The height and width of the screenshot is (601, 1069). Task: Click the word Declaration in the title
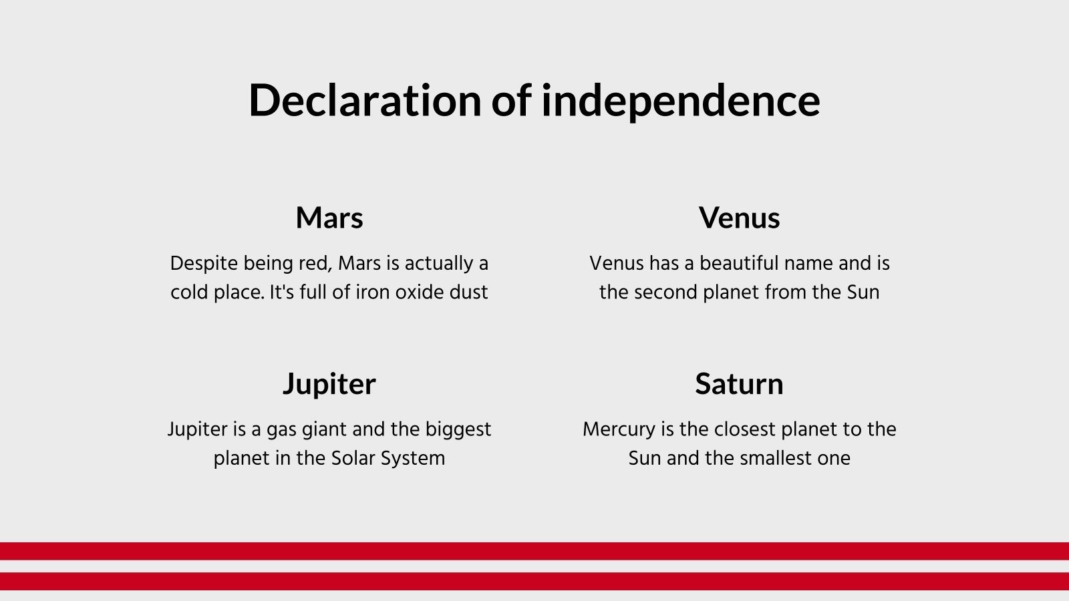coord(365,100)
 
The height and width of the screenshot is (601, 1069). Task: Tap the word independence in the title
coord(681,100)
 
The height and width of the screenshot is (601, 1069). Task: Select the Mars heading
coord(329,218)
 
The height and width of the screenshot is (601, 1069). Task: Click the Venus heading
coord(739,218)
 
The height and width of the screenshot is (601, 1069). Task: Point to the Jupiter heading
coord(329,385)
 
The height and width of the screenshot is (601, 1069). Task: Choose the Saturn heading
coord(739,384)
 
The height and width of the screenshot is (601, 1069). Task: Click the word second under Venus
coord(665,292)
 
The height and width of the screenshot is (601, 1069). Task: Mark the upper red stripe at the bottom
coord(534,551)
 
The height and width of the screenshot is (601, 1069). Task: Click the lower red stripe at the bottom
coord(534,582)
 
